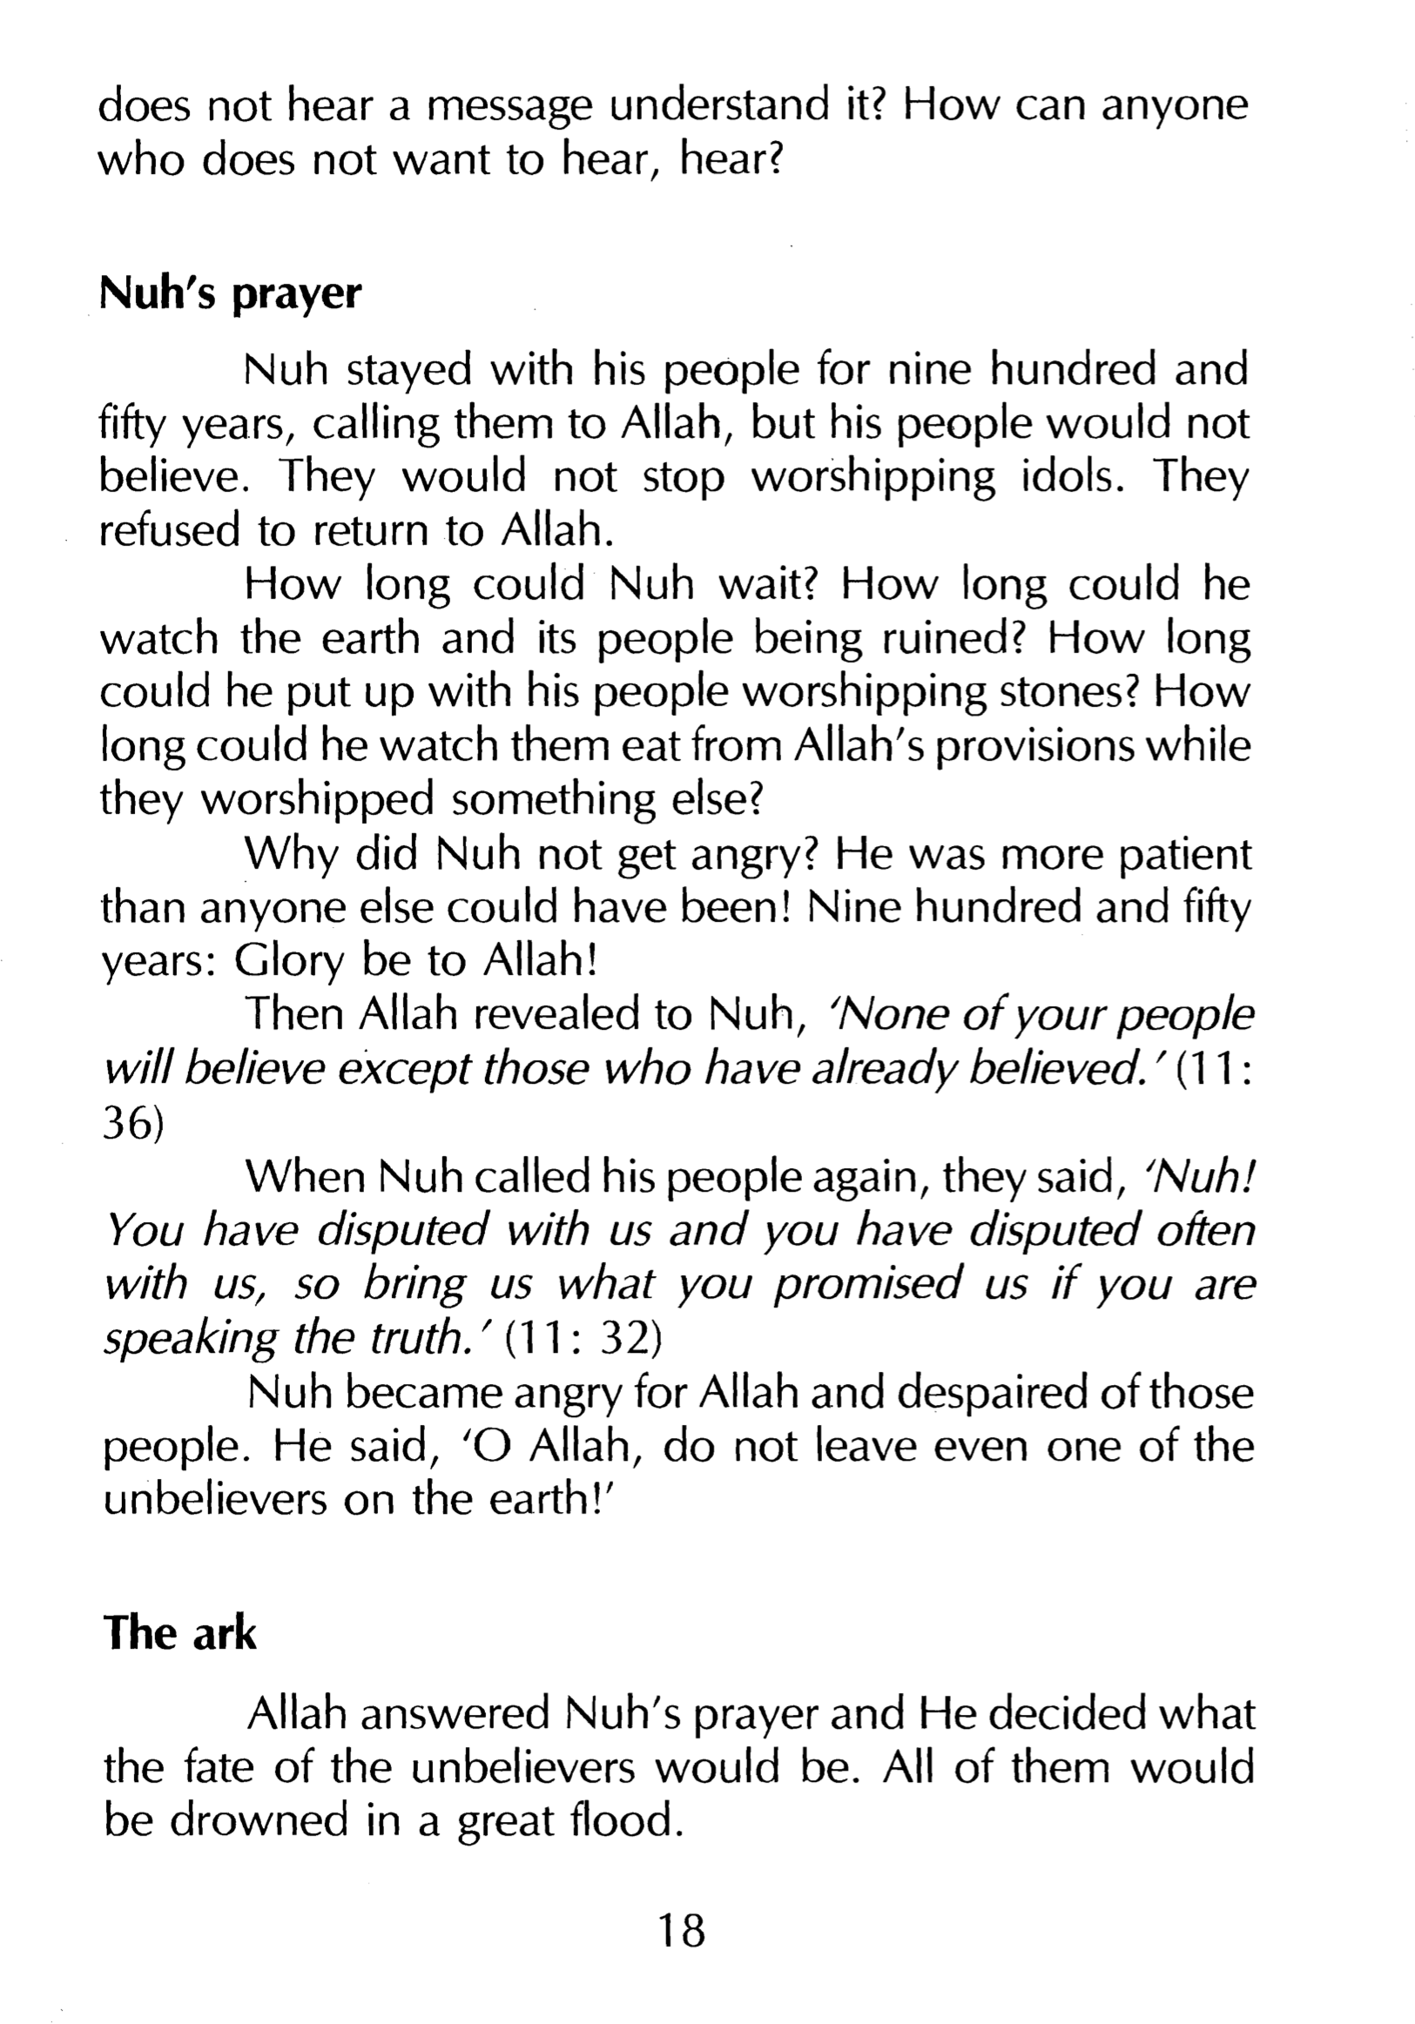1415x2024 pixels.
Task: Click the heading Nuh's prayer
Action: pos(230,293)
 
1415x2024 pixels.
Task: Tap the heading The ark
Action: pos(179,1633)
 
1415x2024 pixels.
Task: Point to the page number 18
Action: pos(682,1931)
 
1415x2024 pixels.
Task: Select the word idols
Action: pos(1073,477)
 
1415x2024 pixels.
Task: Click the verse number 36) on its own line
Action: pos(133,1126)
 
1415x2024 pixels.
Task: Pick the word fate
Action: pos(218,1767)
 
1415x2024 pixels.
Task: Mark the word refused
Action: pos(167,531)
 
